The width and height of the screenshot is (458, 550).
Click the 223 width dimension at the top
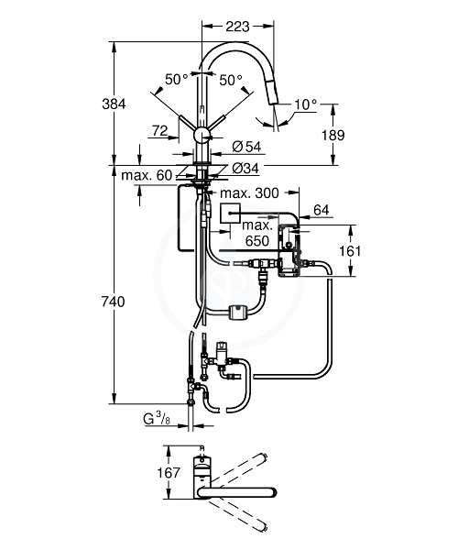coord(237,27)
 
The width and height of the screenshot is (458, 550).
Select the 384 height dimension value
coord(114,104)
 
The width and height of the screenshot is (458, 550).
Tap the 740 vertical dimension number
coord(113,302)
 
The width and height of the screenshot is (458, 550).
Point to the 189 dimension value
coord(333,135)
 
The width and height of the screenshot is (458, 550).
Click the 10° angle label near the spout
coord(306,104)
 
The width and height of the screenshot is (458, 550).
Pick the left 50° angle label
coord(177,80)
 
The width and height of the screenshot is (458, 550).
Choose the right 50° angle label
coord(231,81)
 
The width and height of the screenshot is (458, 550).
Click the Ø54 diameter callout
coord(246,147)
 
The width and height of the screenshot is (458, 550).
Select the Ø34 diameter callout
coord(245,169)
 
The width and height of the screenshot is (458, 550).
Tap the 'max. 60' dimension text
coord(147,175)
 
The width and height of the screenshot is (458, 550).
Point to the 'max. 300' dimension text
coord(249,192)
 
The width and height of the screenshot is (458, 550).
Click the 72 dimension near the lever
coord(159,131)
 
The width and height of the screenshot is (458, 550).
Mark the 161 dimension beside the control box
coord(350,251)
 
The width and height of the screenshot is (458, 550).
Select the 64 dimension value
coord(322,210)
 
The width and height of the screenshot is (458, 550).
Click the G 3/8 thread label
coord(157,419)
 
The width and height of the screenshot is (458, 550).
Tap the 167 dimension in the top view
coord(169,472)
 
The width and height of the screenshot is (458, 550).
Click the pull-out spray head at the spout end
coord(272,91)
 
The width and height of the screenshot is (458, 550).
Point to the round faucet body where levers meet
coord(202,135)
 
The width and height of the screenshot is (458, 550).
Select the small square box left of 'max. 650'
coord(230,213)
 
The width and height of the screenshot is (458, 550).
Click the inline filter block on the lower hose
coord(237,312)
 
